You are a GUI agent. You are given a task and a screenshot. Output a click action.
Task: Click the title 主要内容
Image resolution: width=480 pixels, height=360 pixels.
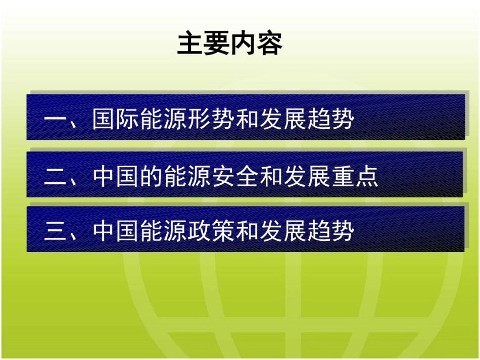(x=229, y=44)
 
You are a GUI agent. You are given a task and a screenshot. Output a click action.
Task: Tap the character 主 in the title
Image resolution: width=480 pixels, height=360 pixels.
(x=190, y=44)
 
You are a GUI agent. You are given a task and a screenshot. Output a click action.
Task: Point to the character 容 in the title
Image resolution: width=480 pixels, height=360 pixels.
(x=269, y=44)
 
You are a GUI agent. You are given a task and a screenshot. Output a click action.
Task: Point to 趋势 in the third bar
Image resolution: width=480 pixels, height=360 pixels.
(x=329, y=231)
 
